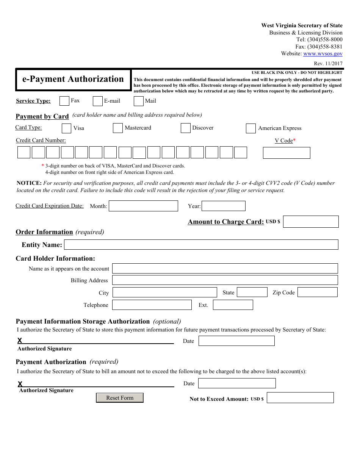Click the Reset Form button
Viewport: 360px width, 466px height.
120,398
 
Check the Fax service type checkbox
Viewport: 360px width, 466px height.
64,101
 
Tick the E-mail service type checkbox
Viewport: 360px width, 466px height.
98,101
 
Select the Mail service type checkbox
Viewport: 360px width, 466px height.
139,101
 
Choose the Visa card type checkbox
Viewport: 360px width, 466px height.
66,128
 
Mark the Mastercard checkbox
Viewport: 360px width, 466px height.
117,128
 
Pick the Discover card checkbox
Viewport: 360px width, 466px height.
185,128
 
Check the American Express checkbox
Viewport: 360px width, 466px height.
250,128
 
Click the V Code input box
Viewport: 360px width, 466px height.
286,153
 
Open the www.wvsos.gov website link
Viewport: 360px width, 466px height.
323,54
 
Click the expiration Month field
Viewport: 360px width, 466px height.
143,206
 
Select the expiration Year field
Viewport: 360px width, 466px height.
224,206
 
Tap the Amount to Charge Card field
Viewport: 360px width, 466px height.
311,222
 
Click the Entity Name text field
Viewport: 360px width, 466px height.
201,245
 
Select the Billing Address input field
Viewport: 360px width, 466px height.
225,280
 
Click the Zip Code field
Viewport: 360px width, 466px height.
317,292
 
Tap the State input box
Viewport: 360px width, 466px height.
252,292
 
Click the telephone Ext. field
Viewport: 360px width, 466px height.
233,305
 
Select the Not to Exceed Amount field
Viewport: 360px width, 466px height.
300,398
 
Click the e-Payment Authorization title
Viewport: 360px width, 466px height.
73,79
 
